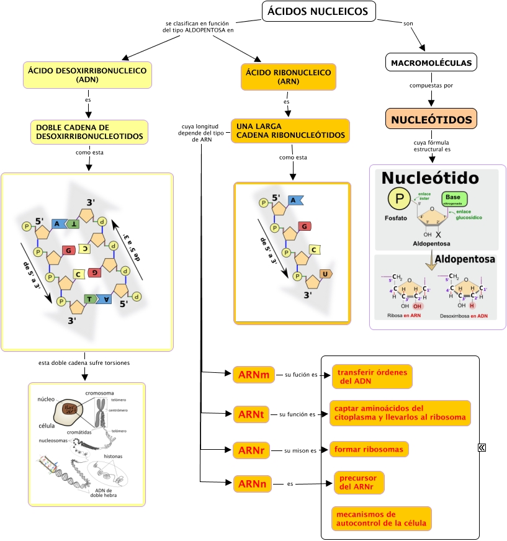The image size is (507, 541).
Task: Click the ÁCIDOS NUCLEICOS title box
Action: (x=319, y=11)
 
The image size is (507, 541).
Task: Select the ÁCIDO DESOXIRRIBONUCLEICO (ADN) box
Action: (x=87, y=74)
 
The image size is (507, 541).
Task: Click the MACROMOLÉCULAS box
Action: (x=432, y=63)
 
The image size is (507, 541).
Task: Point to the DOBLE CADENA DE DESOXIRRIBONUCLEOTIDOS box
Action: (x=89, y=132)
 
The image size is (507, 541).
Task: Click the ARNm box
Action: (x=253, y=375)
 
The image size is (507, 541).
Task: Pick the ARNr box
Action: (x=251, y=450)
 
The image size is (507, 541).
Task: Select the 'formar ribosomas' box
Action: (x=369, y=449)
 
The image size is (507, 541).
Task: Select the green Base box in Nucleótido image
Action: (x=454, y=199)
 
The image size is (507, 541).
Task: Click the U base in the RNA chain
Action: (x=325, y=274)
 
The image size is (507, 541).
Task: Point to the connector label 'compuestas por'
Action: (x=431, y=86)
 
